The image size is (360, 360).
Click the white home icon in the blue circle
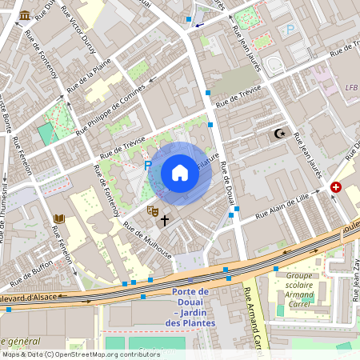click(180, 173)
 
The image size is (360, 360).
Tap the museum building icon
click(25, 15)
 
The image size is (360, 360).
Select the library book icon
click(59, 218)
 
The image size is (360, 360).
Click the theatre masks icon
click(150, 210)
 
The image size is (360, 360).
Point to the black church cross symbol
click(165, 219)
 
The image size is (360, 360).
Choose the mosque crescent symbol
click(279, 134)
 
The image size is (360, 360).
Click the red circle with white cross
click(336, 187)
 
